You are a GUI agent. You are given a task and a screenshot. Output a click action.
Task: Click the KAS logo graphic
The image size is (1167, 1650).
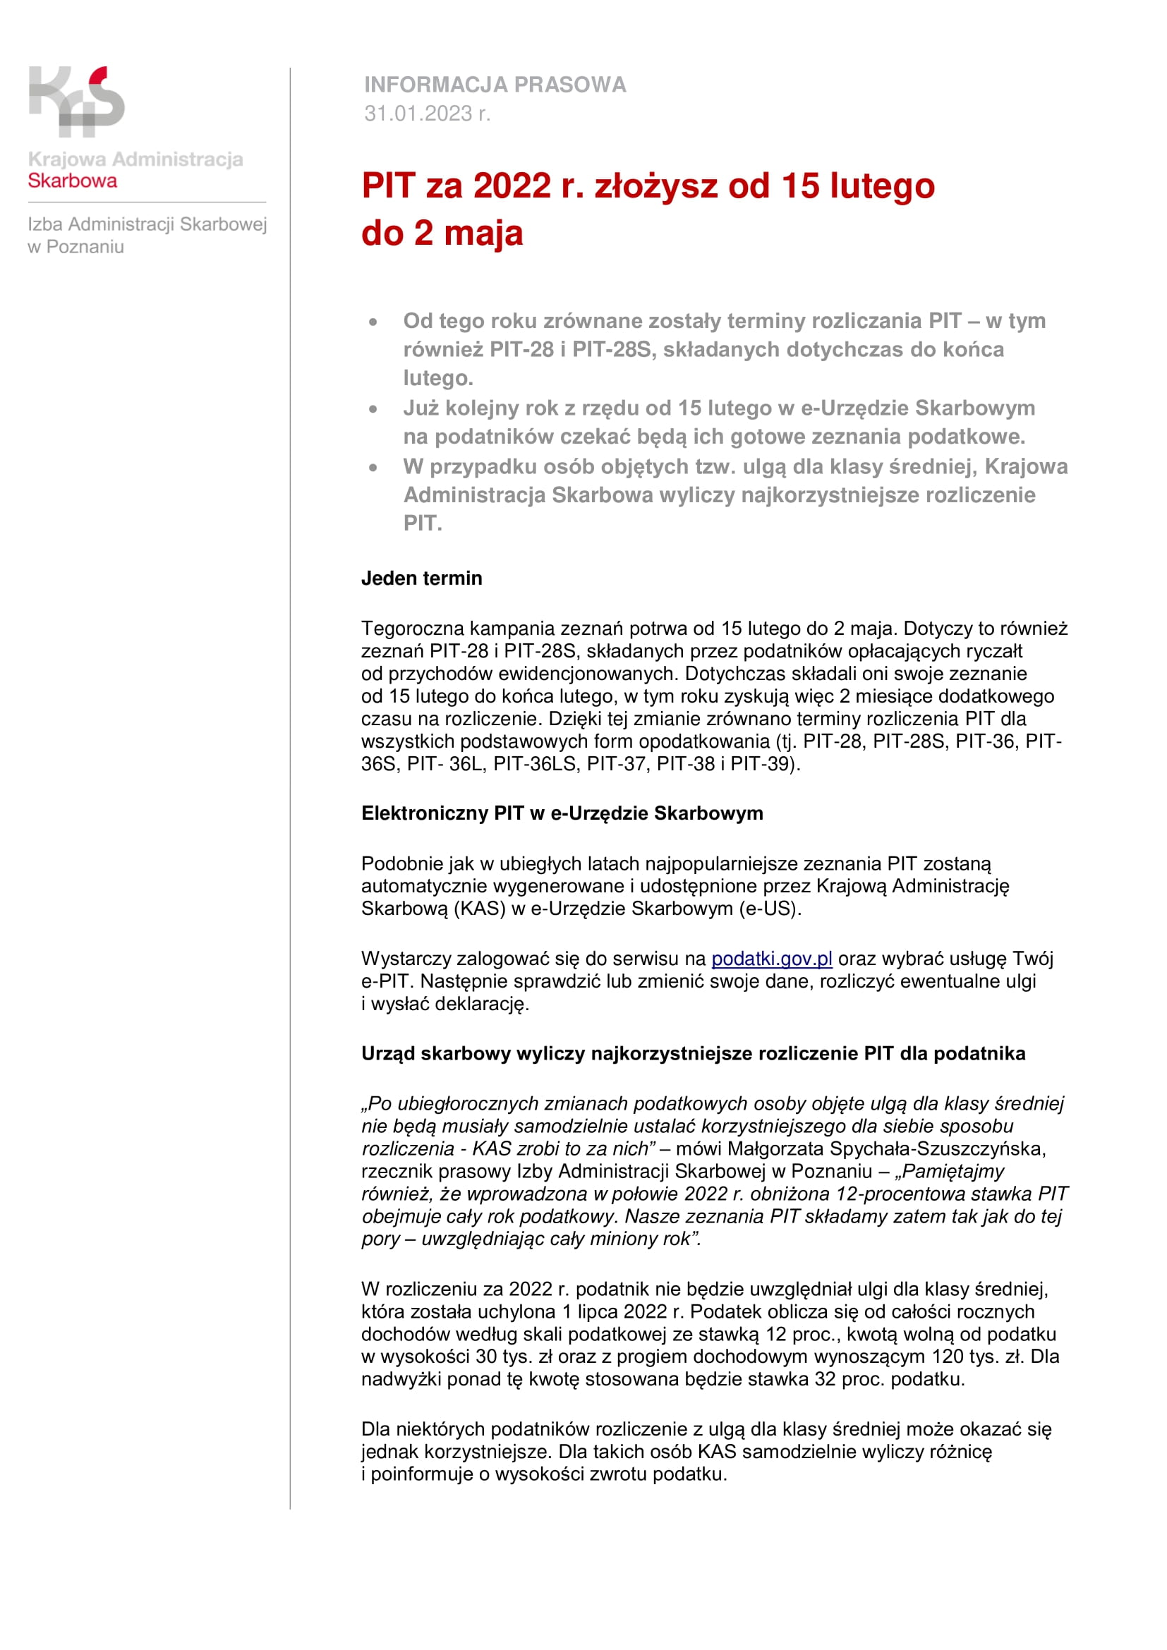(x=77, y=102)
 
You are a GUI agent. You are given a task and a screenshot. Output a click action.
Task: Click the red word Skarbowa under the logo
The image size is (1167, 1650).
(x=72, y=181)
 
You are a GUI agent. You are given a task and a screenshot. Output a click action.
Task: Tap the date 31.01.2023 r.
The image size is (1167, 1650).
(x=427, y=114)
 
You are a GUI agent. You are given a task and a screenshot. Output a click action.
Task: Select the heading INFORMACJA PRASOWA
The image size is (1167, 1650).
(x=495, y=85)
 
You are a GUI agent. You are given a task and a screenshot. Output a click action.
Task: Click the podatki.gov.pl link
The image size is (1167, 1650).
(x=772, y=959)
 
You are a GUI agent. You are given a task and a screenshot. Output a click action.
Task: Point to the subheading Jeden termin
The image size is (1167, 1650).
(x=422, y=578)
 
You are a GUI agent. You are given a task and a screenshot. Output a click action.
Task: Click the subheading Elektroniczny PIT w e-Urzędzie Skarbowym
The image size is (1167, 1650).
(x=562, y=813)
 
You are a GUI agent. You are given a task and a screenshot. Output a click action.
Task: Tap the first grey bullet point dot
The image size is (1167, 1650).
(x=373, y=322)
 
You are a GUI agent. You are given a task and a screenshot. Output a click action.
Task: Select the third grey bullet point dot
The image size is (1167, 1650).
(x=373, y=468)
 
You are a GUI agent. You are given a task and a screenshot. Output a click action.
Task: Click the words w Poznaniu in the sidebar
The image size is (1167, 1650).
(x=75, y=247)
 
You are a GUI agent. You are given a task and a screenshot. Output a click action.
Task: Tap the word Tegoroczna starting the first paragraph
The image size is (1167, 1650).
(x=413, y=629)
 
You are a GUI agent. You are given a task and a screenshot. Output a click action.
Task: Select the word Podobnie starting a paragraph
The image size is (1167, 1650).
(x=400, y=864)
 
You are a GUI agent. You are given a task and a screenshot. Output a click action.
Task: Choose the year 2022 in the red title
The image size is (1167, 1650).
(x=512, y=186)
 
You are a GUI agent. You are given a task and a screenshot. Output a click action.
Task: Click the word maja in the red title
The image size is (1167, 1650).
(x=483, y=233)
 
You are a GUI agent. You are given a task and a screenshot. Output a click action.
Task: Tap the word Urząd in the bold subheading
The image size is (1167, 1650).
(x=388, y=1054)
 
